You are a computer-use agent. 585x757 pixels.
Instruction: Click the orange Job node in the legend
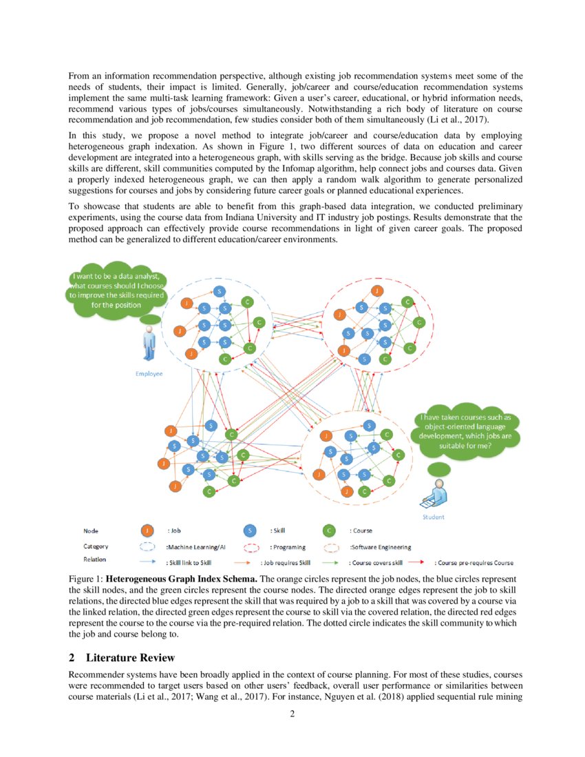coord(147,531)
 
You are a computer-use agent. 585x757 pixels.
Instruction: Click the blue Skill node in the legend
coord(251,531)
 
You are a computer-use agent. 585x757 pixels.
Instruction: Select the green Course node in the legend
coord(330,531)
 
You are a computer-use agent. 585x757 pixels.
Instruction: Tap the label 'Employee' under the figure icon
coord(149,373)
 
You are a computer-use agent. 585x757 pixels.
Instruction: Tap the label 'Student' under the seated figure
coord(433,517)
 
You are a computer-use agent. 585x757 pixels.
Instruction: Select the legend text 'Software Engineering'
coord(381,547)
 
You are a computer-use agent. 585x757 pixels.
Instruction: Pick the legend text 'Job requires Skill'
coord(284,562)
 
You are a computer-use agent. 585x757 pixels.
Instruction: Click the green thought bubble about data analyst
coord(115,292)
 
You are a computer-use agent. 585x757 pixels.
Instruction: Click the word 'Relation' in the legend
coord(96,559)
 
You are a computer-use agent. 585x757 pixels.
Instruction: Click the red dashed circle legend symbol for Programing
coord(251,547)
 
